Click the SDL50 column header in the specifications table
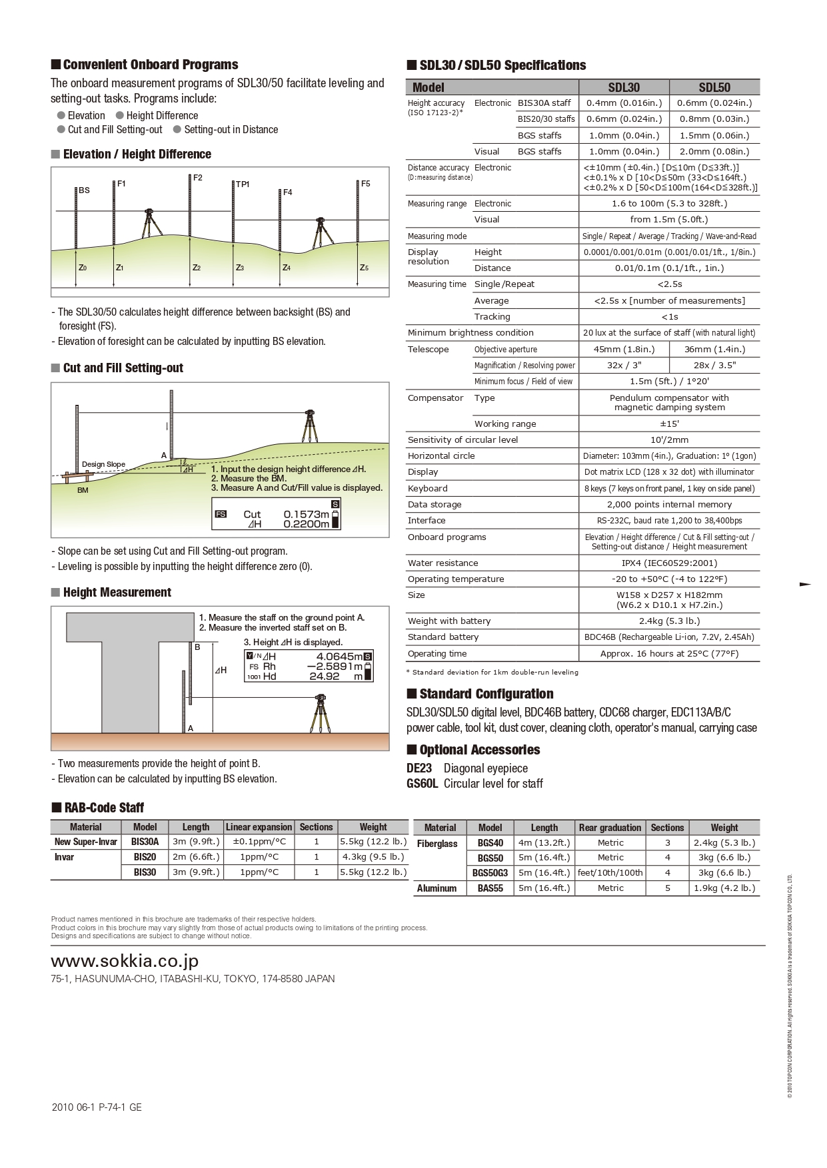point(714,87)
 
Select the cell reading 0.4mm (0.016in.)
point(624,103)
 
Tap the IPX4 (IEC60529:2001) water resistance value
point(669,563)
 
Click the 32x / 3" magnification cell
point(624,366)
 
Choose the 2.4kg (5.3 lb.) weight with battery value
point(669,621)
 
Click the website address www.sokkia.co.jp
point(125,962)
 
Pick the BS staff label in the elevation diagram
point(84,190)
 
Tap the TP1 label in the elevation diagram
point(243,184)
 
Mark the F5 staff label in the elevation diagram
point(365,184)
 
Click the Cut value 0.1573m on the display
point(306,514)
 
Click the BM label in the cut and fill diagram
point(83,491)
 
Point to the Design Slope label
point(103,464)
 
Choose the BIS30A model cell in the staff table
point(145,842)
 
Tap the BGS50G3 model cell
point(490,873)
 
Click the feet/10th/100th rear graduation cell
point(610,873)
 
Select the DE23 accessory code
point(419,768)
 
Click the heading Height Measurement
point(117,593)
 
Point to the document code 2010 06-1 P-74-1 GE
point(97,1107)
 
